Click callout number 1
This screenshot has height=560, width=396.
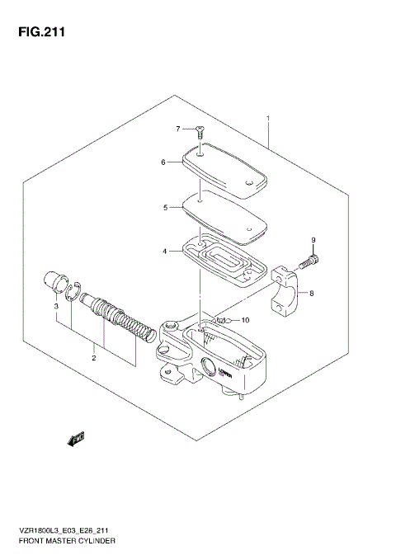coord(268,119)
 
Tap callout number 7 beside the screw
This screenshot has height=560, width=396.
coord(177,129)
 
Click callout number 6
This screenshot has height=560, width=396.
coord(164,162)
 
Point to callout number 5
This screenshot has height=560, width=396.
coord(165,208)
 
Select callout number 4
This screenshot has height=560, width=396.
coord(165,250)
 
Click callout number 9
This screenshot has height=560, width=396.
coord(313,240)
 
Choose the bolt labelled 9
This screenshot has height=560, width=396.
coord(309,262)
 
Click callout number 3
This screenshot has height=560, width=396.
coord(56,306)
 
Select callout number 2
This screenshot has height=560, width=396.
coord(93,357)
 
